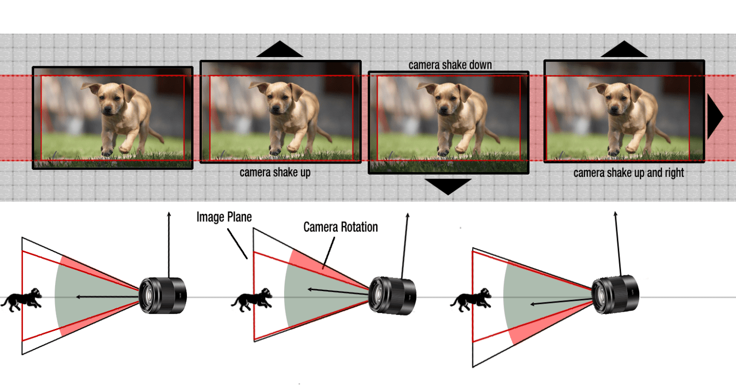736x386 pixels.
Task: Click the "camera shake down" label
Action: (x=450, y=65)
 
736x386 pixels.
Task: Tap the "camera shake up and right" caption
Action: (x=628, y=173)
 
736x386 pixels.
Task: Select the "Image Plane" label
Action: (x=224, y=217)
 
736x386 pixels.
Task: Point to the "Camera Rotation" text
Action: (x=340, y=227)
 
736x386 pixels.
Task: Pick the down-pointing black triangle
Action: (x=448, y=186)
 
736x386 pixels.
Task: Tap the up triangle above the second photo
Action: (x=279, y=50)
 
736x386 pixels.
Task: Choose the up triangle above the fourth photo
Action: (x=624, y=49)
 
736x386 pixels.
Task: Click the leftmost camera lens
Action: (x=162, y=296)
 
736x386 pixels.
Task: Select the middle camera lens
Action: (x=392, y=295)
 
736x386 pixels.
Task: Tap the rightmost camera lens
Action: (x=615, y=295)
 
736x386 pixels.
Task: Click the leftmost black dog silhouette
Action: (x=22, y=300)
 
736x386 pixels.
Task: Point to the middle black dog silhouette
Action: (x=252, y=300)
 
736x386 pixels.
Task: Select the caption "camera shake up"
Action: (x=275, y=172)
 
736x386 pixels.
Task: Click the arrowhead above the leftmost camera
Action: (x=169, y=214)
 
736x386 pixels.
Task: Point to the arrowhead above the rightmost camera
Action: (x=616, y=214)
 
